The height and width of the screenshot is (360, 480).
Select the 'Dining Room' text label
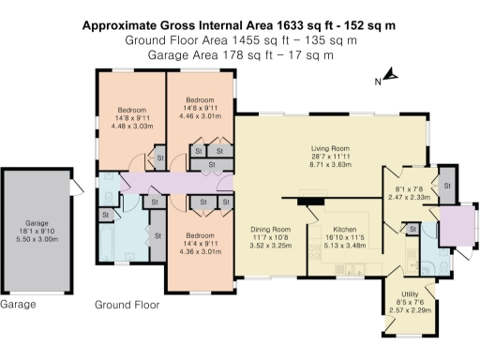click(269, 229)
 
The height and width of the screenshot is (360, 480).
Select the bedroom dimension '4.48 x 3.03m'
click(130, 126)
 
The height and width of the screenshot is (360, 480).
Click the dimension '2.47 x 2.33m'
click(409, 197)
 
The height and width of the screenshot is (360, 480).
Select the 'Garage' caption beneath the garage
click(18, 305)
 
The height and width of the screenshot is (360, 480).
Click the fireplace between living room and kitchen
click(307, 199)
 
